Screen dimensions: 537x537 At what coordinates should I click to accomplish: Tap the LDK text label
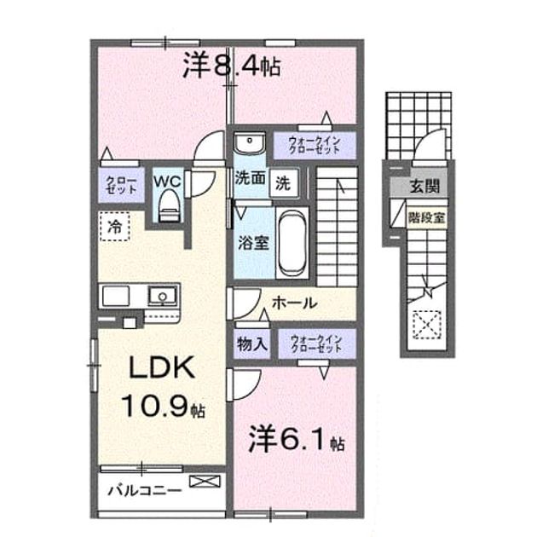pos(162,367)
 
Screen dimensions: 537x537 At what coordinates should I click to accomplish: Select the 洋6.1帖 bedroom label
pos(297,439)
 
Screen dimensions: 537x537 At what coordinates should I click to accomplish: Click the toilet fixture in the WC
pos(170,205)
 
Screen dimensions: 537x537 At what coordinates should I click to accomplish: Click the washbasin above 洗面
pos(249,142)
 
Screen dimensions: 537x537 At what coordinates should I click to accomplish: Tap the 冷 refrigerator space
pos(115,226)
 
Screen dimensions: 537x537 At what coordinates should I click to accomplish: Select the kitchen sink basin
pos(162,296)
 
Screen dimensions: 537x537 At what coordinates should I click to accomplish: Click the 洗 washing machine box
pos(283,183)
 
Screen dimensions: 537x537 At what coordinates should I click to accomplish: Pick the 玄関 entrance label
pos(424,187)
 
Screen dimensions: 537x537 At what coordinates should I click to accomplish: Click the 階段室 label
pos(426,217)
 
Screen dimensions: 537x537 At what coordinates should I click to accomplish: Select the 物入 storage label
pos(252,344)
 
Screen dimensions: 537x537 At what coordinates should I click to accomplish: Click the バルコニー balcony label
pos(145,490)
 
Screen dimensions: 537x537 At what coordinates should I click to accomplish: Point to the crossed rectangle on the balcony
pos(205,482)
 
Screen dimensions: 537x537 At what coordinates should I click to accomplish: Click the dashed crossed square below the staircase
pos(427,325)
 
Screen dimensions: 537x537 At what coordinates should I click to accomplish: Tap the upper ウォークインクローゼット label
pos(315,145)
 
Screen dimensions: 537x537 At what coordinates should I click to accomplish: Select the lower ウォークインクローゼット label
pos(316,344)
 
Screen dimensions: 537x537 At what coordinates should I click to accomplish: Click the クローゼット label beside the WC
pos(121,185)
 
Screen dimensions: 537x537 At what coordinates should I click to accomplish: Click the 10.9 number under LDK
pos(155,405)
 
